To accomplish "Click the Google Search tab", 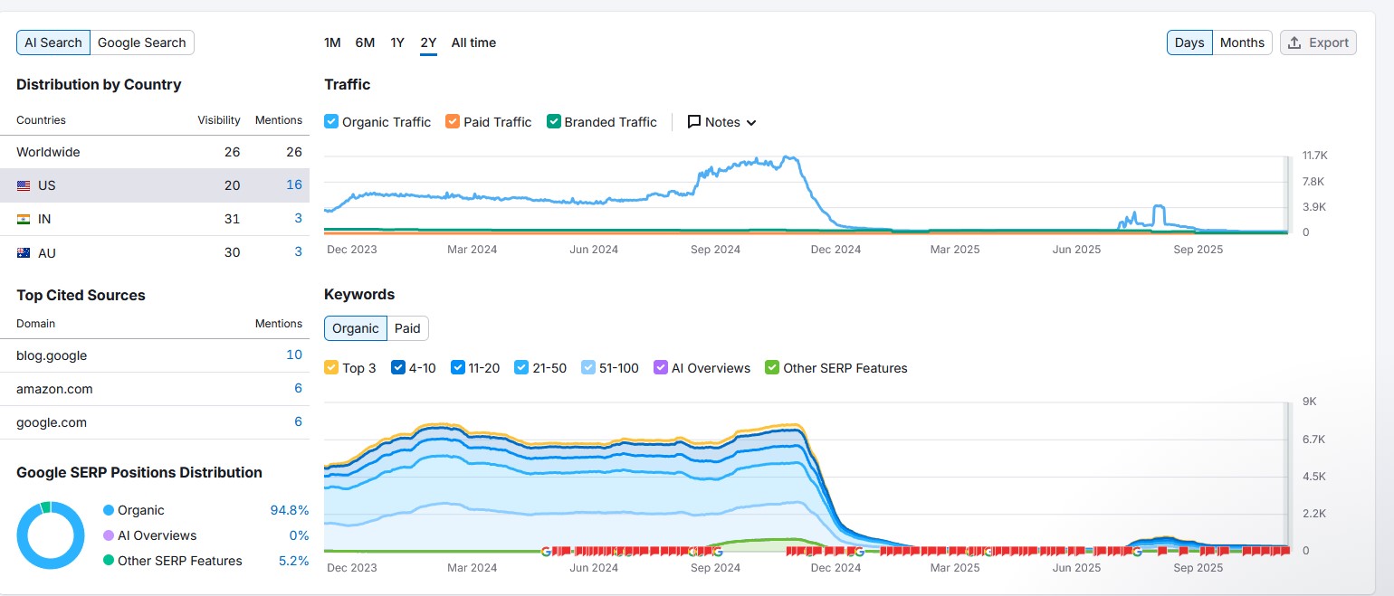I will click(x=141, y=43).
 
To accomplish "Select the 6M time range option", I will click(x=365, y=43).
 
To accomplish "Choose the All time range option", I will click(x=473, y=43).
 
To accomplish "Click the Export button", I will click(x=1318, y=43).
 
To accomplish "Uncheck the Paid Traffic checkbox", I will click(x=453, y=122).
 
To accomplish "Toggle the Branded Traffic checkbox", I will click(x=554, y=122).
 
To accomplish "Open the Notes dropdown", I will click(x=721, y=122).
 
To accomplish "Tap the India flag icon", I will click(x=24, y=219).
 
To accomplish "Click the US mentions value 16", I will click(x=294, y=185).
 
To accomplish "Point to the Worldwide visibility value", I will click(x=232, y=152).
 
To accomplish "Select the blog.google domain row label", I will click(x=52, y=355).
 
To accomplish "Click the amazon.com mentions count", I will click(x=298, y=389).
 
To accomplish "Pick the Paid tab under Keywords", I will click(x=407, y=328).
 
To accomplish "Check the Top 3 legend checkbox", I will click(x=331, y=368).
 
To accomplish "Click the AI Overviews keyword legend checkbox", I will click(x=661, y=368).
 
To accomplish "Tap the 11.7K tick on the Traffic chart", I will click(x=1314, y=156).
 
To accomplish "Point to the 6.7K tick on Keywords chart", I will click(x=1313, y=439).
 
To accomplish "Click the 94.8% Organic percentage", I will click(x=290, y=510).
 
